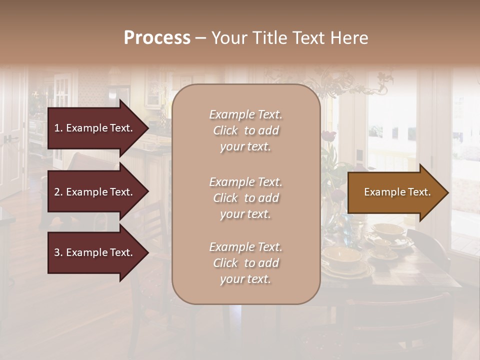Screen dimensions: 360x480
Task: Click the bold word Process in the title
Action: click(x=157, y=38)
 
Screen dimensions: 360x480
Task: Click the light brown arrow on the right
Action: click(x=395, y=192)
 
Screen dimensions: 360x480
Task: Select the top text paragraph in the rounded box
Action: click(x=245, y=130)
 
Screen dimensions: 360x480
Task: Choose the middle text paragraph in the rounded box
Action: click(x=245, y=198)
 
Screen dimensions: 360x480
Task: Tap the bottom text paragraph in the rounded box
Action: click(x=245, y=263)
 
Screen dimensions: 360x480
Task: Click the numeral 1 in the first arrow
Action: click(x=56, y=128)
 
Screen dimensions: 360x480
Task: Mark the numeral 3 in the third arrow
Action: click(x=56, y=252)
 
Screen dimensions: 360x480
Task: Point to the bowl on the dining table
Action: click(x=341, y=255)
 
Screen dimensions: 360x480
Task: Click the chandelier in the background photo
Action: click(x=350, y=82)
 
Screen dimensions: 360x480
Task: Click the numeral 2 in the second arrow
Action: click(x=56, y=192)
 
